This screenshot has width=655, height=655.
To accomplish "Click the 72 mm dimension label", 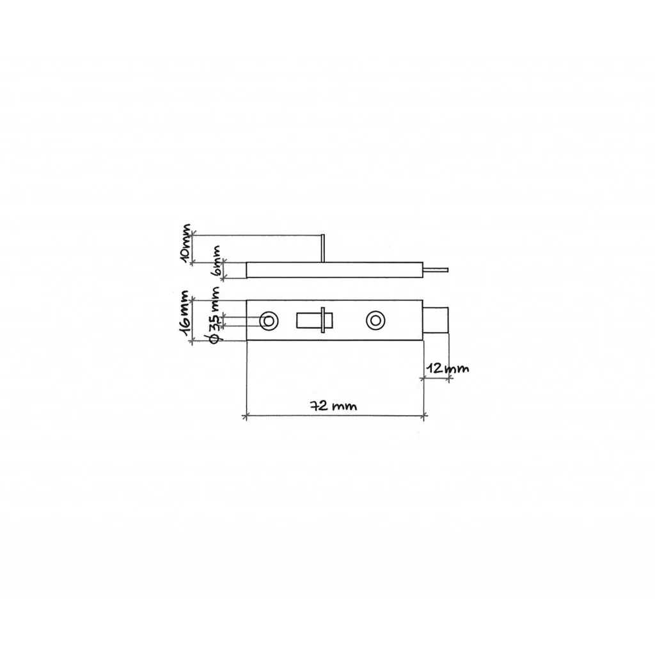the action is pos(333,406).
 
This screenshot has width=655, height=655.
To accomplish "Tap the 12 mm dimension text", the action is pos(447,368).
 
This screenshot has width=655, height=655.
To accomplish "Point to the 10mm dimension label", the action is pos(185,244).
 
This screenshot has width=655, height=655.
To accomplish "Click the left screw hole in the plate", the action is pos(269,321).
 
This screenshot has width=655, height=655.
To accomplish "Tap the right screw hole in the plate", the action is pos(375,321).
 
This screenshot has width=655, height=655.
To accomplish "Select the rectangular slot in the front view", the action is pos(315,320).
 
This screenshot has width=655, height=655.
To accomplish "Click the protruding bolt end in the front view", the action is pos(436,320).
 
